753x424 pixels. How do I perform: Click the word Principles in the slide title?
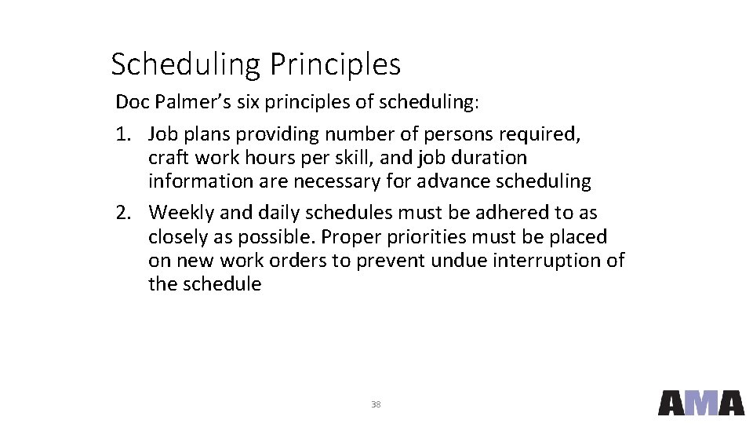click(x=335, y=65)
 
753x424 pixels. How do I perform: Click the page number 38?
click(x=375, y=404)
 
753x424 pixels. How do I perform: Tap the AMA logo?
click(x=700, y=402)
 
